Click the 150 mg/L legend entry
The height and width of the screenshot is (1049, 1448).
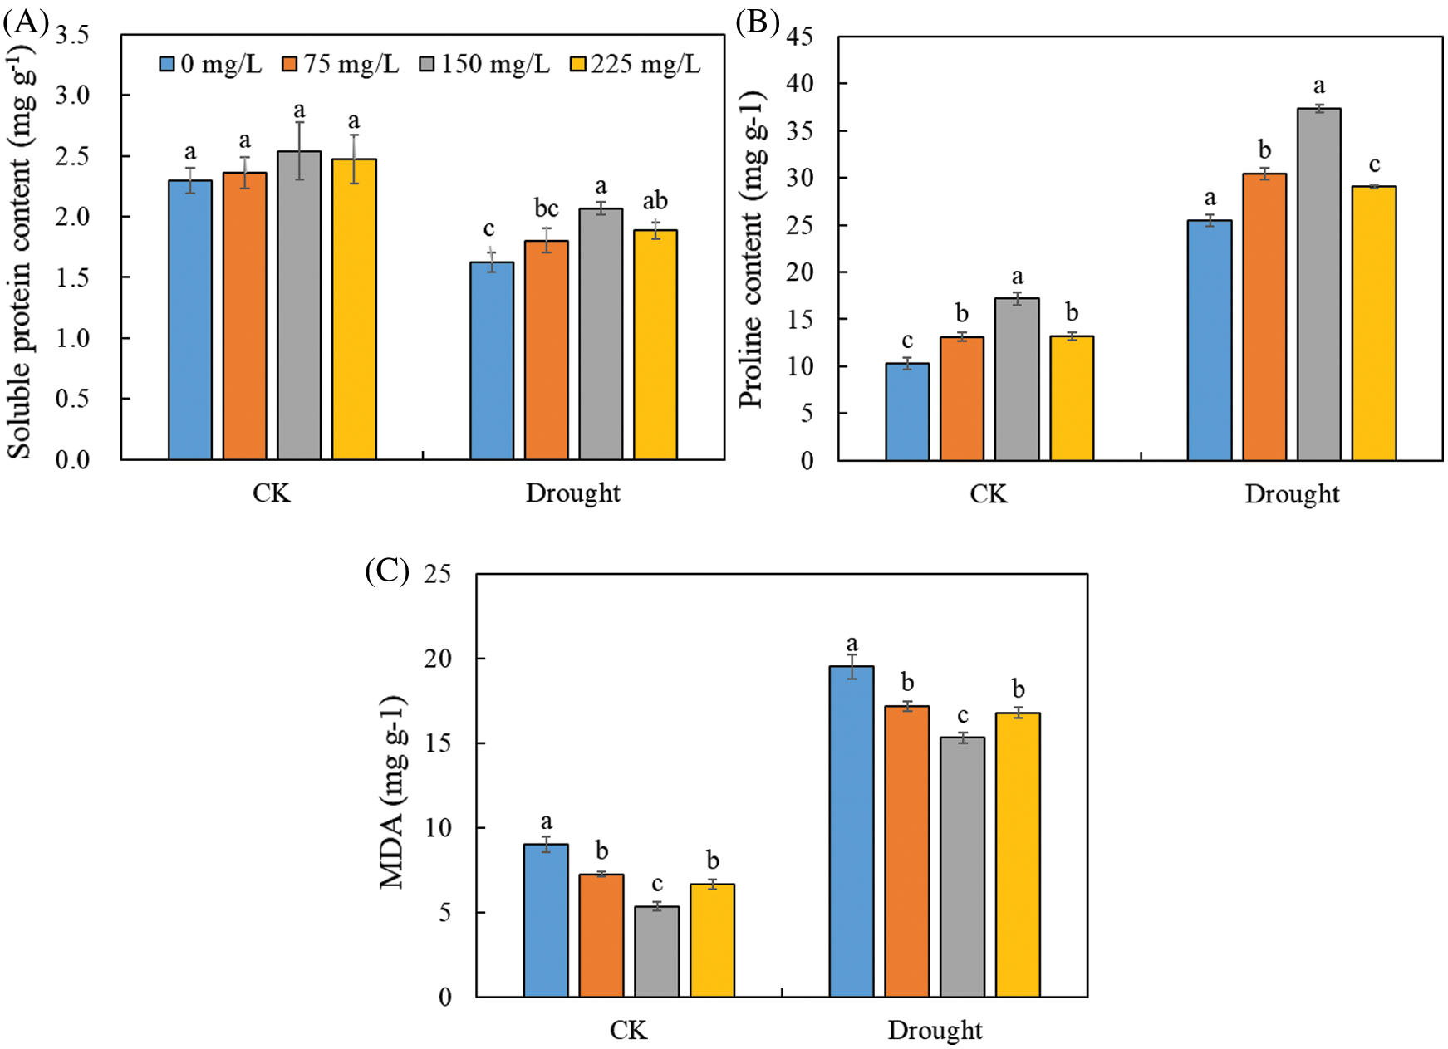484,64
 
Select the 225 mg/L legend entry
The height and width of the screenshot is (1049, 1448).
636,64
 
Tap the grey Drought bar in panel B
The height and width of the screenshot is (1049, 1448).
1319,284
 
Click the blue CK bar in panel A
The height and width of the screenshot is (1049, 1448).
190,320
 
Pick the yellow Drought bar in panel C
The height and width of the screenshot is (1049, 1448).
1018,855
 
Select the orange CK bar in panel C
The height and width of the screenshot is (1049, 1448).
601,935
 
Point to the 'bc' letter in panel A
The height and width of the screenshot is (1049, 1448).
546,208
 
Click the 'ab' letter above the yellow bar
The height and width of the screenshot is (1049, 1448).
655,200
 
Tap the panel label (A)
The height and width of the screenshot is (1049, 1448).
26,22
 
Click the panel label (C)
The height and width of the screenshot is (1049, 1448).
387,571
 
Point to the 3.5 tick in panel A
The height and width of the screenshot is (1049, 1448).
72,35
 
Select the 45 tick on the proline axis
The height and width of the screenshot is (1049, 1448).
799,37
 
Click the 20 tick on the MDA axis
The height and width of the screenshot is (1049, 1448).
438,659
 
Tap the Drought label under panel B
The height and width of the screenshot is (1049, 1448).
1292,494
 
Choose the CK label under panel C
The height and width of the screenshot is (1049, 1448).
628,1031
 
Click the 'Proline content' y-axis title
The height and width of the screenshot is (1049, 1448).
751,249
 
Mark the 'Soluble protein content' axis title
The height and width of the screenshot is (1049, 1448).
20,249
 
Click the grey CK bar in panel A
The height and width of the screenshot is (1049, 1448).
299,305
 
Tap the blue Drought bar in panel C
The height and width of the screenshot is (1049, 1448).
852,831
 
